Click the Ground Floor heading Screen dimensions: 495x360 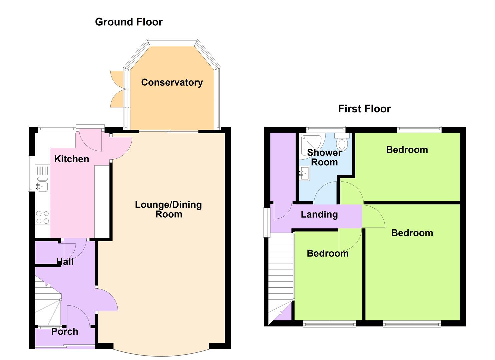[x=129, y=22]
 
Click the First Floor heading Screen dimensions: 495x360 [x=364, y=109]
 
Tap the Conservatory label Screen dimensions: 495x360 [x=172, y=82]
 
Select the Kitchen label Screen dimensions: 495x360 [x=72, y=159]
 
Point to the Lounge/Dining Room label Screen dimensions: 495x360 [x=168, y=210]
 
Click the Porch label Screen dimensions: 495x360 [x=65, y=332]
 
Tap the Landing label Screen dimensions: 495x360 [x=319, y=215]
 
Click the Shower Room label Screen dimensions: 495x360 [x=324, y=157]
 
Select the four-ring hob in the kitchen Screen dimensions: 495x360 [x=42, y=217]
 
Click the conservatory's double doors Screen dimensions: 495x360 [x=119, y=89]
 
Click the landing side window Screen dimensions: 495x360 [x=266, y=223]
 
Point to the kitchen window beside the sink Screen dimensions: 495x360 [x=31, y=174]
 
